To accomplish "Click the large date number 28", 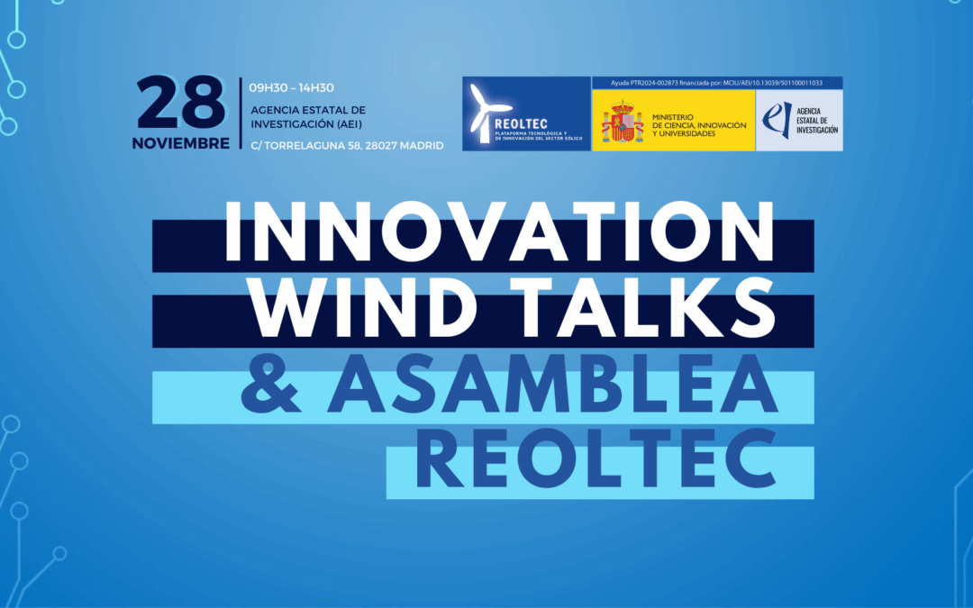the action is point(180,103).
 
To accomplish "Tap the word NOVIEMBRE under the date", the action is point(180,143).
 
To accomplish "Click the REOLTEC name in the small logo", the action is point(522,124).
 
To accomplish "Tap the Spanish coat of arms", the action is point(622,122).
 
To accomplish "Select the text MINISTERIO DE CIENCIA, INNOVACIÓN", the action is point(699,121).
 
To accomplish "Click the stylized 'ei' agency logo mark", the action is point(777,119).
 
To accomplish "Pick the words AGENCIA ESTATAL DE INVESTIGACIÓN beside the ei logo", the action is point(817,121).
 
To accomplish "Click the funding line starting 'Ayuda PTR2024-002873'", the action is point(717,83).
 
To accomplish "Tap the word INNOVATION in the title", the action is point(499,232).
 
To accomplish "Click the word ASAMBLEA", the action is point(552,384).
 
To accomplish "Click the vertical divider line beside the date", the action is point(241,113).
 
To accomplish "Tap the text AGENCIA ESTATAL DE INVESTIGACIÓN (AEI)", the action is point(308,117).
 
